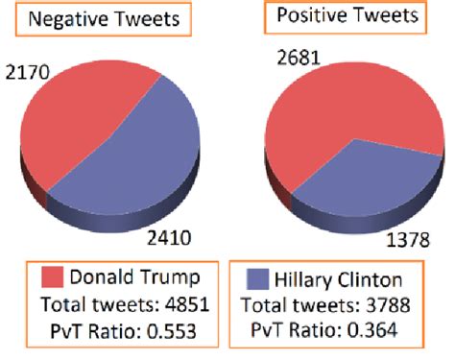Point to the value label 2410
click(181, 234)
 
